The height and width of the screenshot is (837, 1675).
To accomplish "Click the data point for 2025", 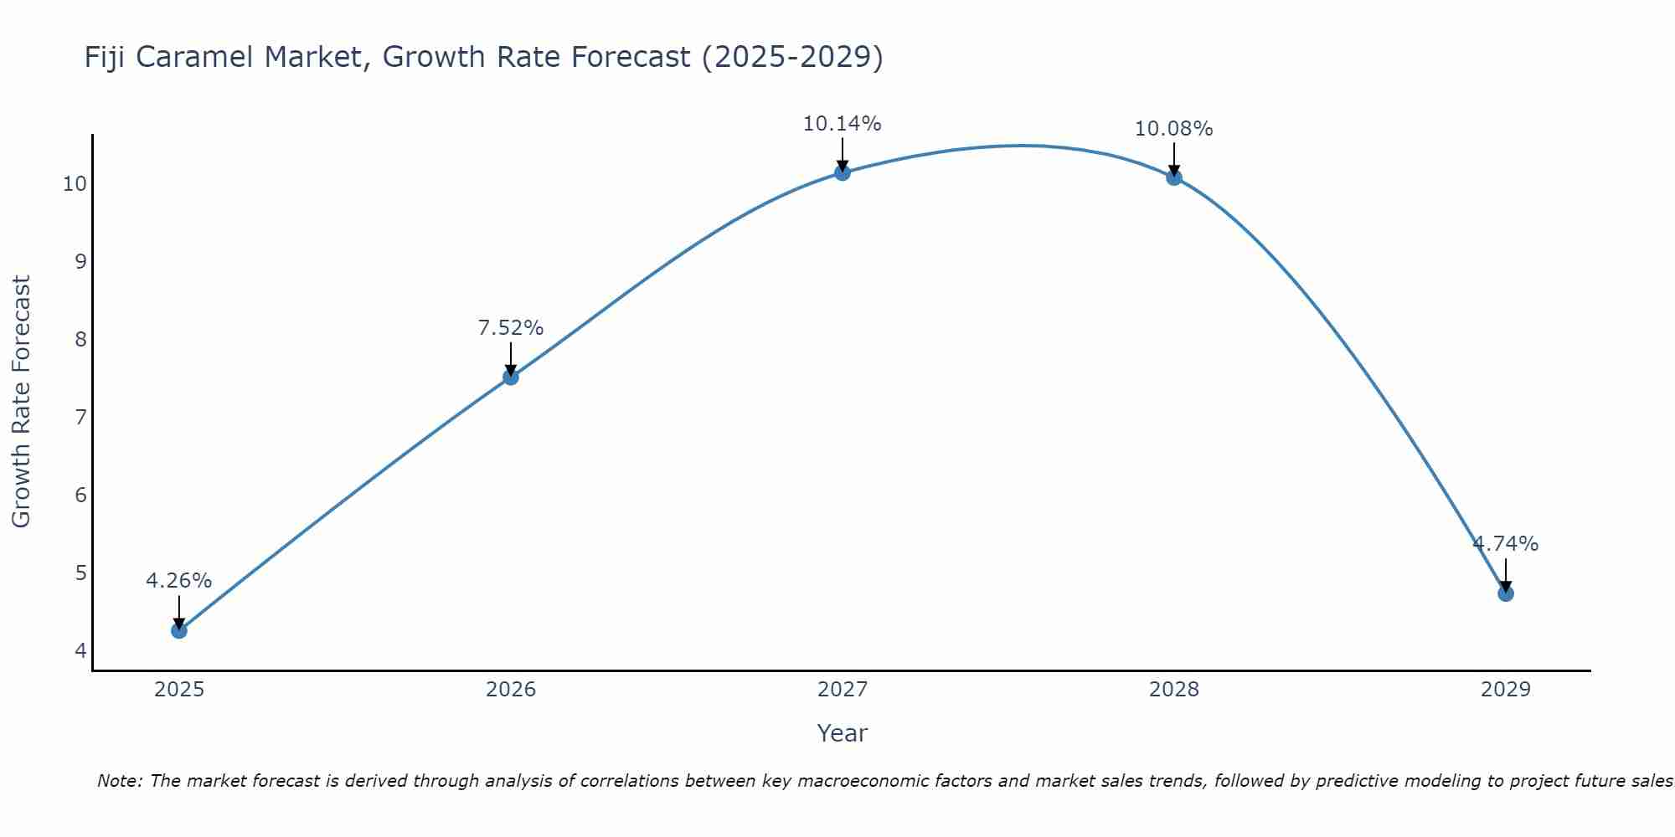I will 179,630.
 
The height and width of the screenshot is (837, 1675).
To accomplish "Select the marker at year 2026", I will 511,377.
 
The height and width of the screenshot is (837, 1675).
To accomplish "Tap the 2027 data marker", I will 843,172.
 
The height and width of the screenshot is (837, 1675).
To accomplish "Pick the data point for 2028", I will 1174,177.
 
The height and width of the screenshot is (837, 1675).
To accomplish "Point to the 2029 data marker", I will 1505,593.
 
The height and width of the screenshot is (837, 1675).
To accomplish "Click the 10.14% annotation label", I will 842,124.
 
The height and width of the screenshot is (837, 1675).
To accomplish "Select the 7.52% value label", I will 510,327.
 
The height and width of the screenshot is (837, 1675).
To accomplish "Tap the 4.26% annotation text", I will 178,580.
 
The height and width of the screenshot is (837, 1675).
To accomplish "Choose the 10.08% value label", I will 1173,129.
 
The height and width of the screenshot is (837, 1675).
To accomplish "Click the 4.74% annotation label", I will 1505,543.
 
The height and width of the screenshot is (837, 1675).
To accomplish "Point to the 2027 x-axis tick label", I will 843,690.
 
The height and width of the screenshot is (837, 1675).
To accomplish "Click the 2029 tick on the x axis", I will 1505,690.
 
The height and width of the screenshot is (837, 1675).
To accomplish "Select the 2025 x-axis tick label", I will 179,690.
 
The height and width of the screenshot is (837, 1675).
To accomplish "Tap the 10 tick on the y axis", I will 75,183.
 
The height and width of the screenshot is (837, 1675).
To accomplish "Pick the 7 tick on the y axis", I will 80,417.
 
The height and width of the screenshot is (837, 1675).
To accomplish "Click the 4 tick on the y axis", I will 80,650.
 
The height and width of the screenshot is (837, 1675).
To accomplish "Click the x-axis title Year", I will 842,733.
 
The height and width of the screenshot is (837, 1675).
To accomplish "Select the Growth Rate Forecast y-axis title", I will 21,401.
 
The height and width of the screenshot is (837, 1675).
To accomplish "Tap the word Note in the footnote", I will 119,781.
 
